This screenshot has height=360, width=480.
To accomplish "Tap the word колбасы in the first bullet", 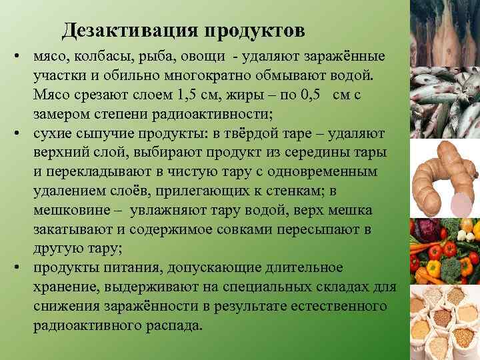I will [97, 54].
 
